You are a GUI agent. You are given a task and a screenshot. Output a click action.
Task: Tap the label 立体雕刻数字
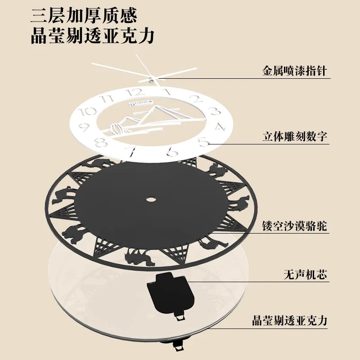295,136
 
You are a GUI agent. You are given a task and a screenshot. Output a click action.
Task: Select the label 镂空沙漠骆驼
295,225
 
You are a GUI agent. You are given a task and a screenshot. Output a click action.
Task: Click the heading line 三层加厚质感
84,16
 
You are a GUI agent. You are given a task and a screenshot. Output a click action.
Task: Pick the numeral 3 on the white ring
215,111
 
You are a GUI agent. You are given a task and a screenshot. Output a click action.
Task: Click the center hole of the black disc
150,198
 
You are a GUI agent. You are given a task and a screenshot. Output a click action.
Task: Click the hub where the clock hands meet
150,77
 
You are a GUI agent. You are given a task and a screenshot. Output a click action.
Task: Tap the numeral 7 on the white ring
132,151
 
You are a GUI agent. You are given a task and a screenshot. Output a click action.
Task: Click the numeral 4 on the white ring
219,126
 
